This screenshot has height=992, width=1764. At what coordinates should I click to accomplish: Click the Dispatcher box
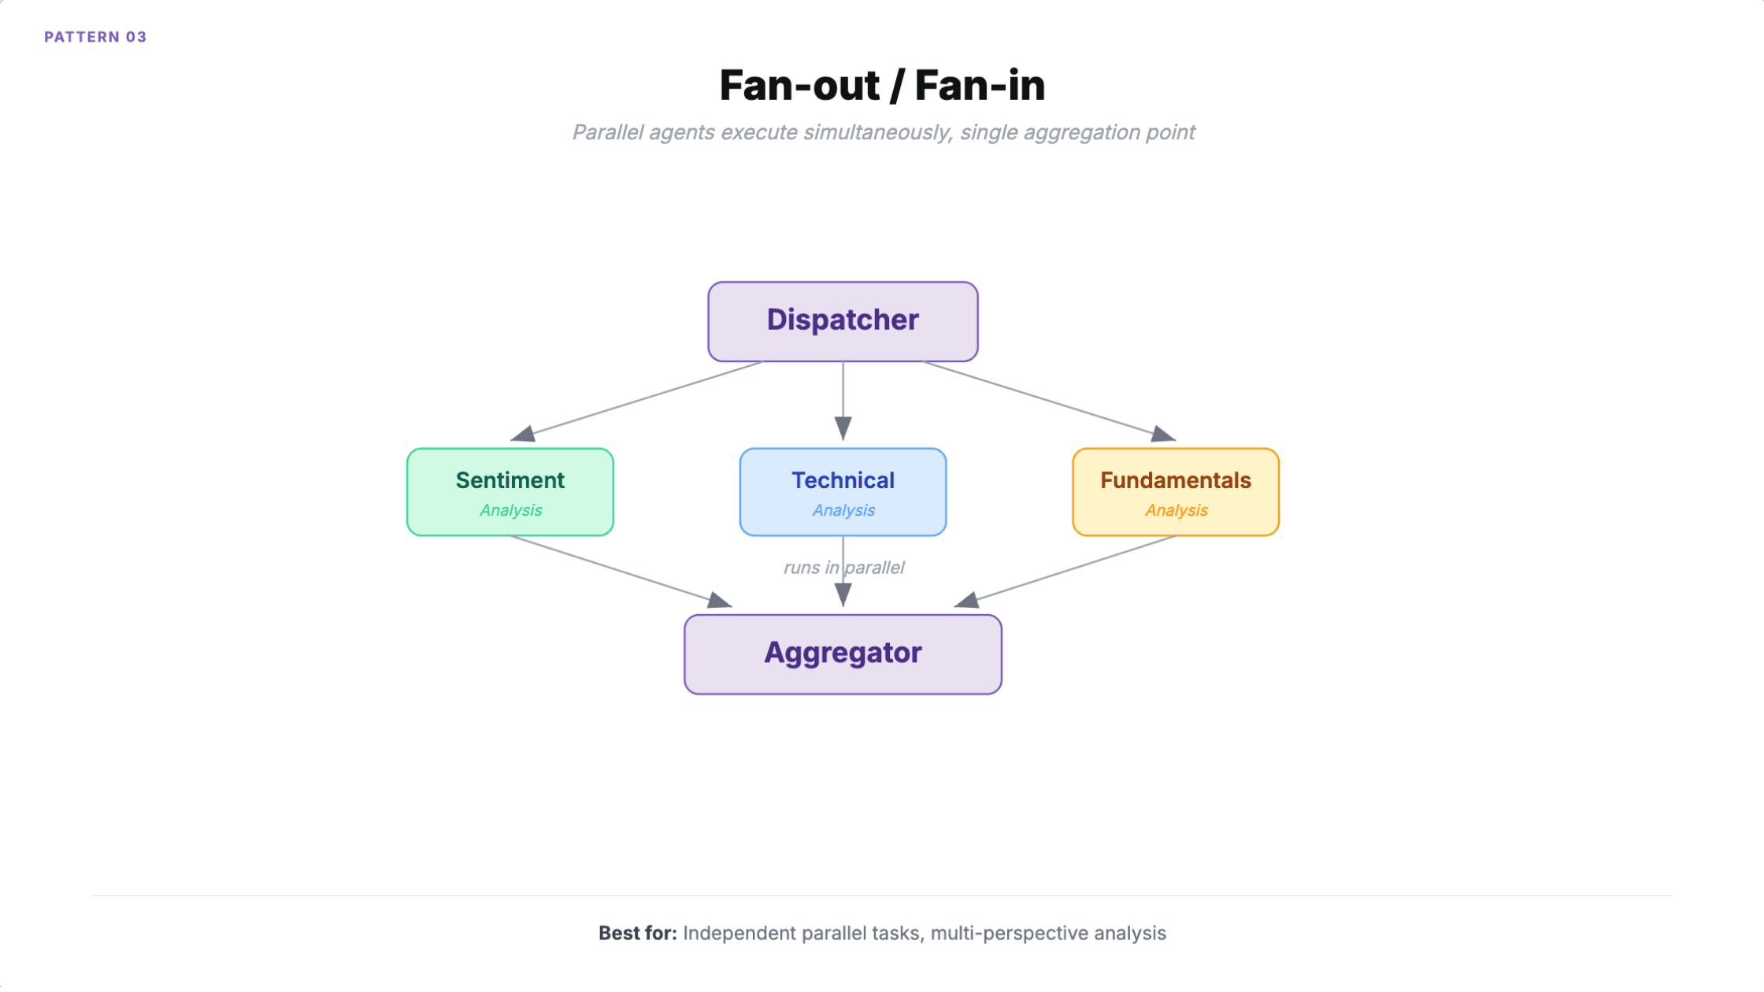coord(843,321)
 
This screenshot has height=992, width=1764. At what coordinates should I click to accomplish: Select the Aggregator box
coord(843,653)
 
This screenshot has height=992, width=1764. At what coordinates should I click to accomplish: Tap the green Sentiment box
coord(510,492)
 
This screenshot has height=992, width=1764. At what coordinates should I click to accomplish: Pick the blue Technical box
coord(843,492)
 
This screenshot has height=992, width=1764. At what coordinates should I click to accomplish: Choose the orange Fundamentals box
coord(1175,492)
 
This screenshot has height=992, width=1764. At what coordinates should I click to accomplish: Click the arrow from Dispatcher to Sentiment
coord(638,400)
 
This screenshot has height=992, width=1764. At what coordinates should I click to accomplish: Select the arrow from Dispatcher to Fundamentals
coord(1047,400)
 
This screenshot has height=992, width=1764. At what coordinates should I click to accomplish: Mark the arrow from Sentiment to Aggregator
coord(622,571)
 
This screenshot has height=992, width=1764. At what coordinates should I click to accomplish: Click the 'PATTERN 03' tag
coord(95,37)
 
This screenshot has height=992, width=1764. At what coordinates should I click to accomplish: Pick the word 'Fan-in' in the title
coord(980,85)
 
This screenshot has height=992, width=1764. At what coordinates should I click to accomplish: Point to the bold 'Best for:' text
coord(637,933)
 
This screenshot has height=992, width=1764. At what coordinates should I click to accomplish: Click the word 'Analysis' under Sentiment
coord(510,510)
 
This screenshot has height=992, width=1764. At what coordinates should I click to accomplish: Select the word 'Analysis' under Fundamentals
coord(1176,510)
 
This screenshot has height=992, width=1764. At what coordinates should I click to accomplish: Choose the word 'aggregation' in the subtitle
coord(1078,132)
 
